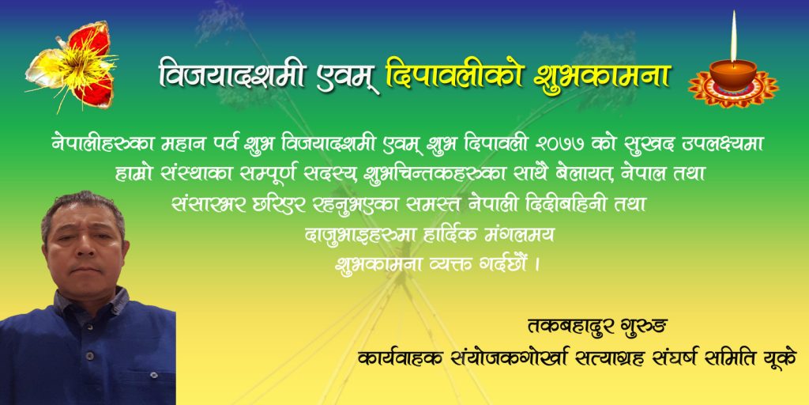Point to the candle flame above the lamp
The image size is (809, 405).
(733, 36)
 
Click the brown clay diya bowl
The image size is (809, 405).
(732, 74)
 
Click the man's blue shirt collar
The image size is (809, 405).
(93, 301)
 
